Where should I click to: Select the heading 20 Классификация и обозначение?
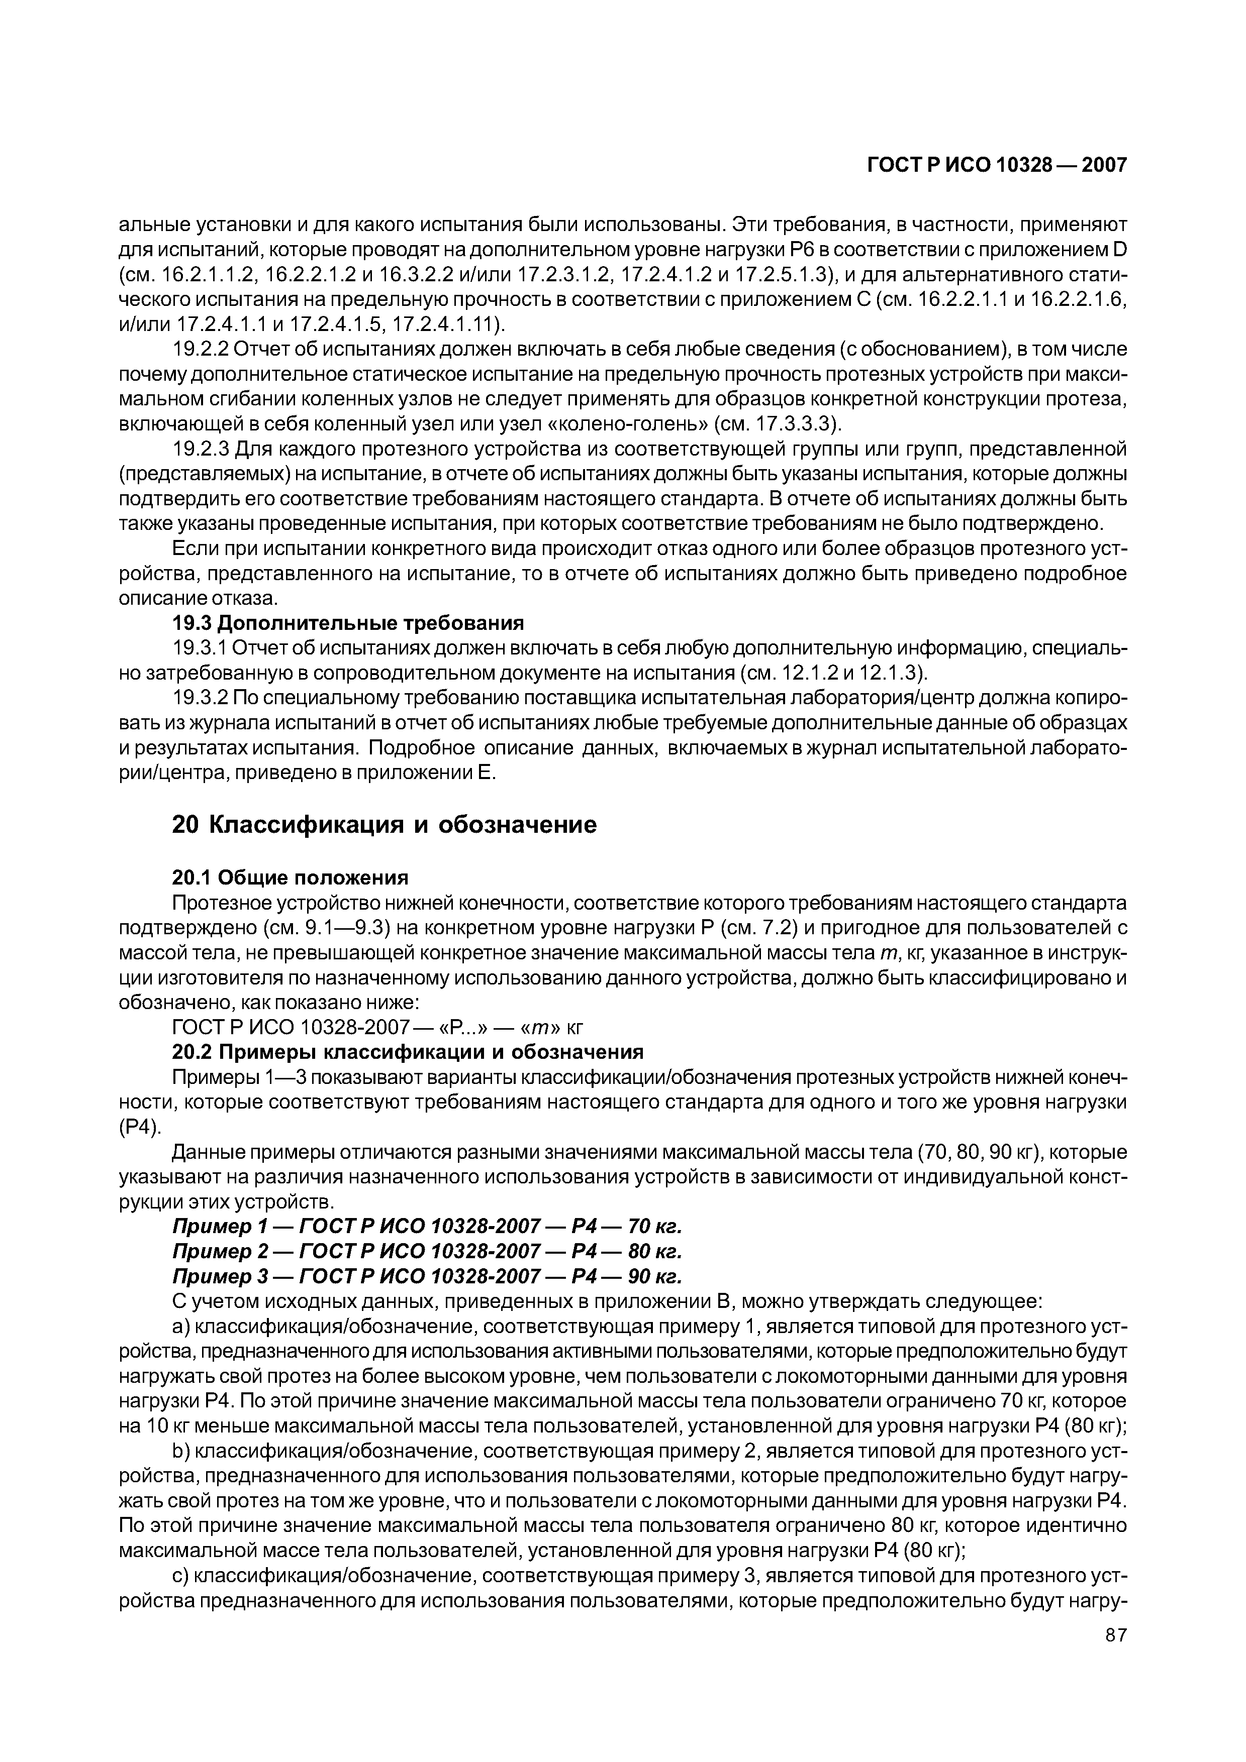[x=383, y=825]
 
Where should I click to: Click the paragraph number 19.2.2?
[x=201, y=350]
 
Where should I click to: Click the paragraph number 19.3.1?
[x=201, y=648]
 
